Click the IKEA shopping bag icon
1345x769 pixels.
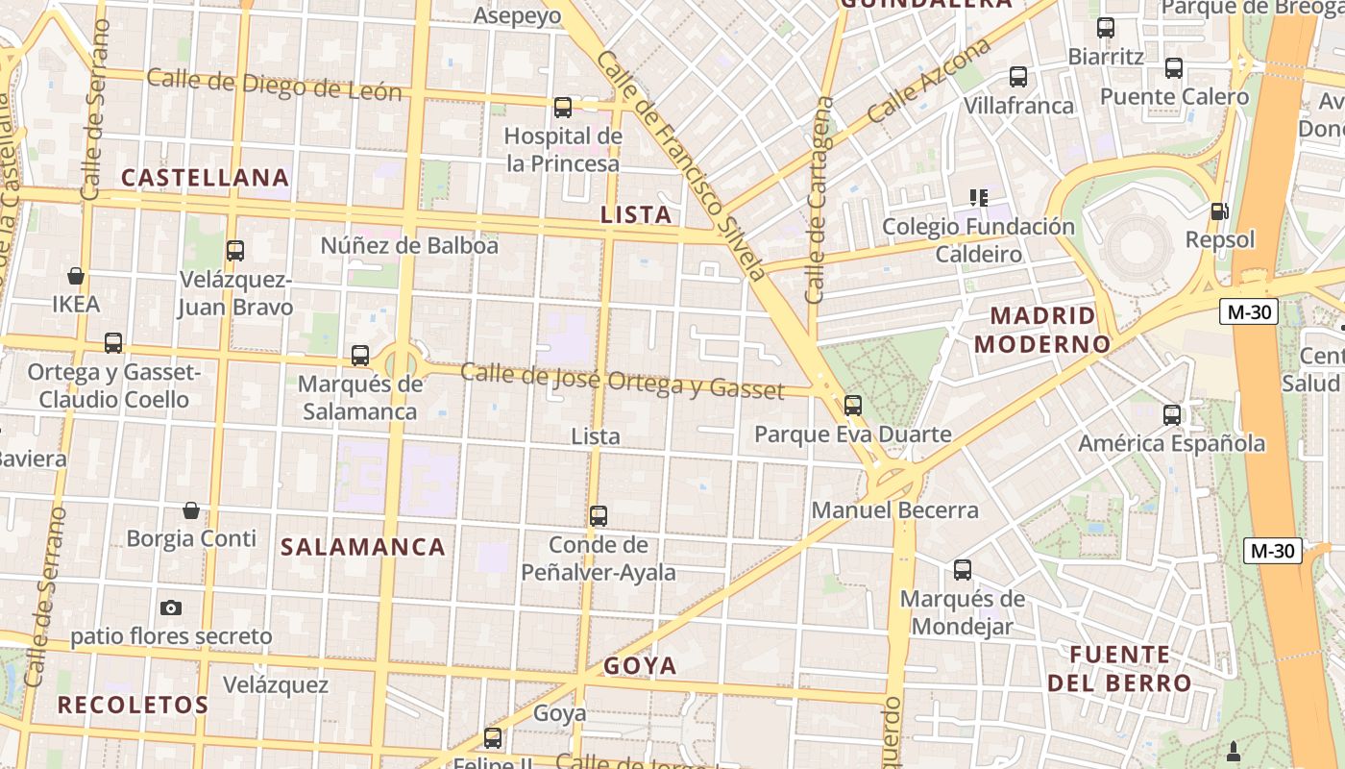(x=76, y=276)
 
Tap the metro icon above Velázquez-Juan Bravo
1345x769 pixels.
(x=235, y=251)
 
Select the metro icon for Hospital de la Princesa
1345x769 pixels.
(x=563, y=108)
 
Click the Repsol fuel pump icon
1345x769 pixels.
(x=1219, y=211)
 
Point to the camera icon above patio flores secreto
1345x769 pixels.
(x=171, y=608)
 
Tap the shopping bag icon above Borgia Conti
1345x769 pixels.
(x=191, y=509)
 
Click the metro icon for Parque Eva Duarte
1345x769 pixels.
(x=853, y=406)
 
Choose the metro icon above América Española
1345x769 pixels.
(x=1172, y=415)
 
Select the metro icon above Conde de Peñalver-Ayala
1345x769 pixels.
(x=599, y=516)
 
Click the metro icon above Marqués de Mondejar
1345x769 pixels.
(x=963, y=570)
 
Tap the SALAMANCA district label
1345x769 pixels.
(x=363, y=547)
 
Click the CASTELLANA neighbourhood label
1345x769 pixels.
(x=206, y=178)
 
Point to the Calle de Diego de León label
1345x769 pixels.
(x=274, y=86)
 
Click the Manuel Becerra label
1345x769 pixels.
(x=895, y=510)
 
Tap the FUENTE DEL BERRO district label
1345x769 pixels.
(x=1119, y=669)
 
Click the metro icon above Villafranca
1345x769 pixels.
(x=1018, y=77)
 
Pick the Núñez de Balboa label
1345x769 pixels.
(x=409, y=246)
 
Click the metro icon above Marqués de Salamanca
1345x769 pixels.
(x=360, y=356)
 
